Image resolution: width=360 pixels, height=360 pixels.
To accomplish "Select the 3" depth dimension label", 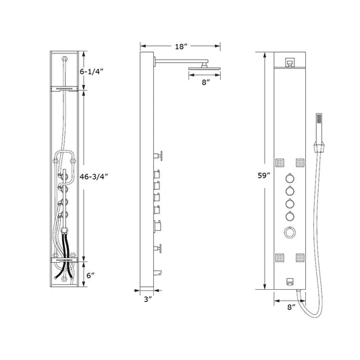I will (147, 300).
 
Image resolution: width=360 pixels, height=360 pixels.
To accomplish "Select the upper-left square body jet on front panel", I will (279, 160).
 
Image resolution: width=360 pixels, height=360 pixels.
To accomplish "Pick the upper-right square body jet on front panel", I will (299, 160).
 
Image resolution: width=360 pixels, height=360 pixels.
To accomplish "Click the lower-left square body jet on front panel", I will (279, 257).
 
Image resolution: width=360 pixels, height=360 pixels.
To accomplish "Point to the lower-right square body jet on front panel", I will (299, 257).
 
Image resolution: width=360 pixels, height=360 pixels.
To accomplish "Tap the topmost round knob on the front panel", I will (289, 178).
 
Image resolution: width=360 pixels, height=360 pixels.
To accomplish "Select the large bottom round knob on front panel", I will (289, 232).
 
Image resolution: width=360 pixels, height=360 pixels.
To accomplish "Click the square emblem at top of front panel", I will (289, 62).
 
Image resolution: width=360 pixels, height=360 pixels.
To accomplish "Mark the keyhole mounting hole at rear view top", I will (64, 60).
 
